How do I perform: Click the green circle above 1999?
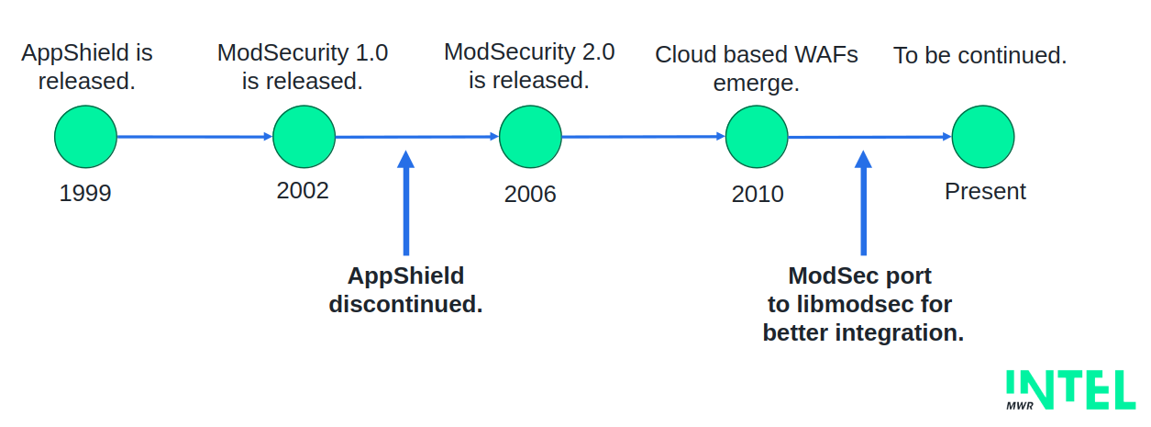coord(86,137)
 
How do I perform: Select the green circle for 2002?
coord(304,137)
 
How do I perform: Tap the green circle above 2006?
coord(530,137)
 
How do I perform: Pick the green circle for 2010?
coord(757,137)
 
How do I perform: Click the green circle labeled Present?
coord(983,137)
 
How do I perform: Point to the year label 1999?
coord(85,194)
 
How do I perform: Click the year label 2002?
coord(303,191)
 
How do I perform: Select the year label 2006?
coord(530,195)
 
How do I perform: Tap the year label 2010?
coord(758,195)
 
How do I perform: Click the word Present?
coord(985,191)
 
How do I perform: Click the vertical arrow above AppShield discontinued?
coord(406,203)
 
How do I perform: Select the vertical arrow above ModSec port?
coord(863,203)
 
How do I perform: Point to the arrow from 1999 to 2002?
coord(194,137)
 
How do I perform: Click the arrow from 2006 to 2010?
coord(643,137)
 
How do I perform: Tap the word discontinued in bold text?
coord(406,304)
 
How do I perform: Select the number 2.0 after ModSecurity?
coord(599,52)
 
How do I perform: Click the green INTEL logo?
coord(1070,389)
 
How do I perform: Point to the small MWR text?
coord(1020,406)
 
